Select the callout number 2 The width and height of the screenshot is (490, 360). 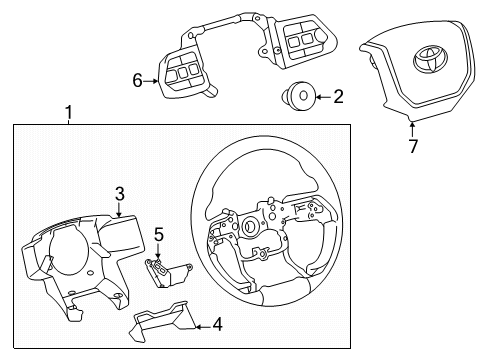pos(337,97)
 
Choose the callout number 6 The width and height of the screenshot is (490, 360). pos(138,84)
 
